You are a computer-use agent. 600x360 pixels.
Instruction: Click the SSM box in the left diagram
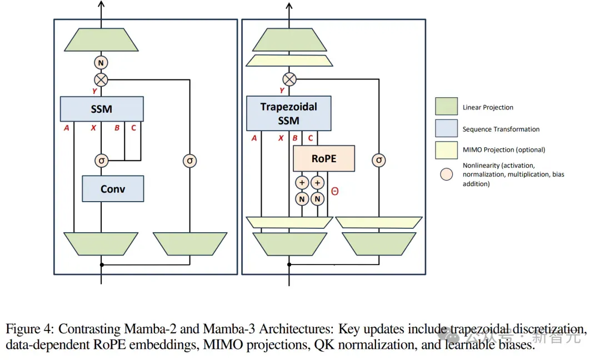pos(102,109)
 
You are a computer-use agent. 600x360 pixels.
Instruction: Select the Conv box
pos(113,188)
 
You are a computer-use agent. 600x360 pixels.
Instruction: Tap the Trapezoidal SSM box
pos(288,114)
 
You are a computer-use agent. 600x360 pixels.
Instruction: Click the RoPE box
pos(324,158)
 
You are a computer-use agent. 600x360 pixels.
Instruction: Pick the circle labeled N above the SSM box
pos(101,63)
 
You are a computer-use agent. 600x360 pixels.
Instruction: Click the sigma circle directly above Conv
pos(102,161)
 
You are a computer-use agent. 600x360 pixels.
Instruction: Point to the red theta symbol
pos(335,191)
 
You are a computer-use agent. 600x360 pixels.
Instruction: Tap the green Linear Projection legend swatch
pos(446,106)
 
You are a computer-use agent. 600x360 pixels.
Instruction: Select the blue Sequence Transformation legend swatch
pos(446,128)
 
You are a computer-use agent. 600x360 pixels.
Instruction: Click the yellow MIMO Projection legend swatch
pos(446,150)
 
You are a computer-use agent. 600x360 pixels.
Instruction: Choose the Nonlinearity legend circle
pos(446,174)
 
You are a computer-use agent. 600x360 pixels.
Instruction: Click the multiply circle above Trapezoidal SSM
pos(289,79)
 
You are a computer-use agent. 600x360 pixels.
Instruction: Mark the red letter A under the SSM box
pos(67,128)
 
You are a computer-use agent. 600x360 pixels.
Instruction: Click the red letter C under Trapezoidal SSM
pos(311,138)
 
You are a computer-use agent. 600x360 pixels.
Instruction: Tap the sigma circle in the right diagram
pos(379,161)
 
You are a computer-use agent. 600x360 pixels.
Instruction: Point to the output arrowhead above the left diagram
pos(101,4)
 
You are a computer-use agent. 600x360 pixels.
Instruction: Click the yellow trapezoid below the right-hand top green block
pos(289,61)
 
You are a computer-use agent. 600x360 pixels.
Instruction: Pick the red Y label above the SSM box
pos(94,91)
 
